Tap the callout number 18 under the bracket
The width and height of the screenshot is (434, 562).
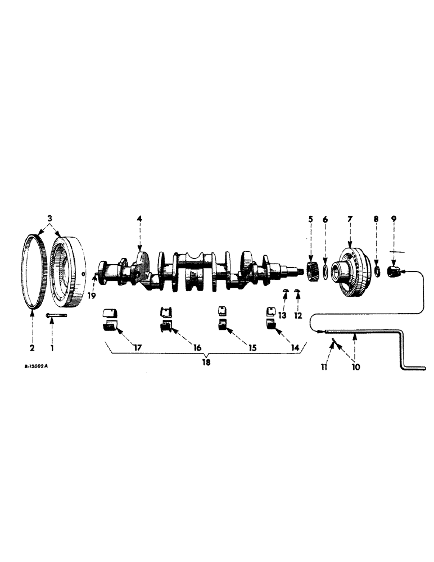206,363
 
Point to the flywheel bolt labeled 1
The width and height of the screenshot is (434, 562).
55,316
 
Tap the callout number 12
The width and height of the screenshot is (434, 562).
299,315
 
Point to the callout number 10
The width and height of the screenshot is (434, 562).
355,367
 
